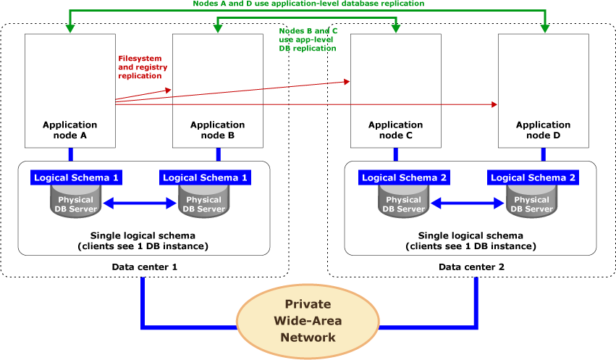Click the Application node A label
coord(69,130)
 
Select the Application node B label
coord(217,130)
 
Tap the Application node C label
coord(395,130)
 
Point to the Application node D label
coord(543,130)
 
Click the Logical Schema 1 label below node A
coord(76,177)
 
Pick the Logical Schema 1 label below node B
coord(205,177)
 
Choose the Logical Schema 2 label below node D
coord(533,177)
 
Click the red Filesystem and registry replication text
coord(142,67)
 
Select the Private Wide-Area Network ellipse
coord(308,321)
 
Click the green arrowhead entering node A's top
coord(69,29)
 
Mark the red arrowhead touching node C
coord(347,82)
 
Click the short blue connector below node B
coord(218,154)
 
